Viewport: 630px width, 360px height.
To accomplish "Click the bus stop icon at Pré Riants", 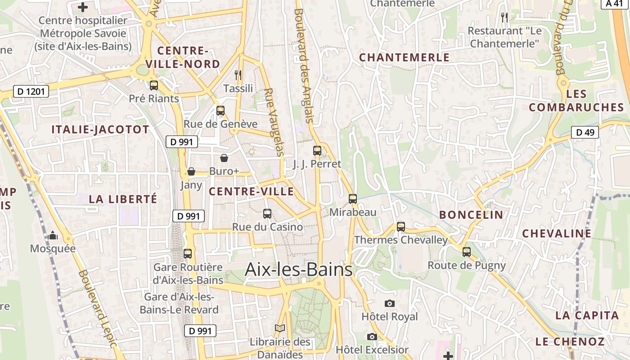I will click(x=154, y=85).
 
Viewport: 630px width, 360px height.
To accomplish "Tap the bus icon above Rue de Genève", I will click(x=220, y=110).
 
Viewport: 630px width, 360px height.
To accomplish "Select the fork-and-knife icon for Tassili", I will click(x=238, y=75).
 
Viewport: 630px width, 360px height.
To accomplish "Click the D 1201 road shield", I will click(x=31, y=92).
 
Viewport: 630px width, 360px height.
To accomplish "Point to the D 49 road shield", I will click(x=585, y=132).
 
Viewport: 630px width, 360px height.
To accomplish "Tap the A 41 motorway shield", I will click(x=615, y=3).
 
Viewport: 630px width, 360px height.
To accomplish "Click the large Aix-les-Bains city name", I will click(x=298, y=270).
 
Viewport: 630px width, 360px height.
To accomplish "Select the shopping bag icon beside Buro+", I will click(x=224, y=158).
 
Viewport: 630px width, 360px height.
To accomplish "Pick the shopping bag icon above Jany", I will click(x=191, y=171).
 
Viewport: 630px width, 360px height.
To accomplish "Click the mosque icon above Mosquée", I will click(x=53, y=235).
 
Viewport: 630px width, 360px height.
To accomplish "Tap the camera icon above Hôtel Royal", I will click(x=390, y=303).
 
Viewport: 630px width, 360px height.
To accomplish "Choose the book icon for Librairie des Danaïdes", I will click(x=280, y=328).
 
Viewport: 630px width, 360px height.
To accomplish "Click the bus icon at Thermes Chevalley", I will click(x=401, y=226).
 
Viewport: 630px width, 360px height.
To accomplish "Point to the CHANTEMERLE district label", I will click(x=404, y=58).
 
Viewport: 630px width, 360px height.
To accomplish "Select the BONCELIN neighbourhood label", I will click(x=471, y=215).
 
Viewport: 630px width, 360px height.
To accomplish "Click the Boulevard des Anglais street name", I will click(x=303, y=65).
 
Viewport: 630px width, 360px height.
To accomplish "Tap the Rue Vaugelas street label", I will click(x=274, y=122).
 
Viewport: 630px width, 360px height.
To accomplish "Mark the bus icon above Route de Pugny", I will click(x=467, y=252).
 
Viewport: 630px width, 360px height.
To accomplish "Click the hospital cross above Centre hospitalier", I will click(x=83, y=7).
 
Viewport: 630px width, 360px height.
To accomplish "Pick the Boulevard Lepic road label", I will click(x=98, y=308).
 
